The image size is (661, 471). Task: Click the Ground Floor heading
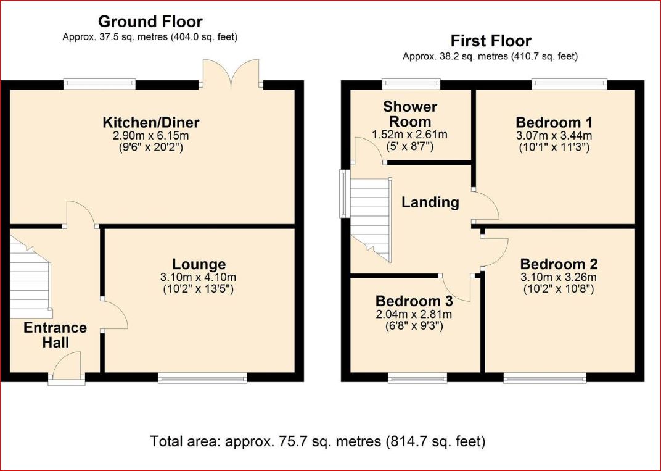(x=150, y=22)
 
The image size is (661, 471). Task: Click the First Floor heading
(x=491, y=41)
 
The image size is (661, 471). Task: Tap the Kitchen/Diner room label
(x=151, y=122)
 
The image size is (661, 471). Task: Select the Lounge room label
(x=199, y=264)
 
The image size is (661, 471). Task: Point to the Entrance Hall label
(x=55, y=335)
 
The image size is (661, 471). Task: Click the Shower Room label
(x=410, y=114)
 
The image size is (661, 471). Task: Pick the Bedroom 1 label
(x=554, y=122)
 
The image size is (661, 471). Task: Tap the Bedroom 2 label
(x=559, y=264)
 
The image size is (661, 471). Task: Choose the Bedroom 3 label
(x=414, y=301)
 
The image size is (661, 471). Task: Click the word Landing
(x=430, y=202)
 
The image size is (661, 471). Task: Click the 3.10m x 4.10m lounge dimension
(x=198, y=277)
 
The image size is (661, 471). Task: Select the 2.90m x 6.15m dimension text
(x=150, y=135)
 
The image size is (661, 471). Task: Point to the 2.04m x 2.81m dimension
(x=414, y=314)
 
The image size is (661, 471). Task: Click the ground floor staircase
(x=30, y=277)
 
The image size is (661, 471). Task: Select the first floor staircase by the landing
(x=371, y=220)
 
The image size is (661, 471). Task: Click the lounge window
(x=202, y=378)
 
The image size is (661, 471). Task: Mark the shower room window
(x=411, y=84)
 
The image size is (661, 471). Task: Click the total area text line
(x=318, y=441)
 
